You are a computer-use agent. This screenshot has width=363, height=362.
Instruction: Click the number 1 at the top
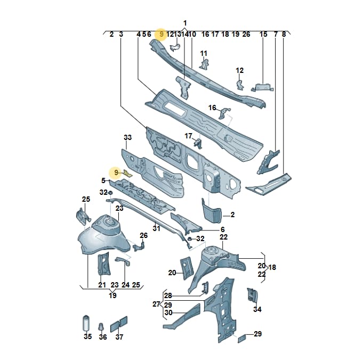(185, 23)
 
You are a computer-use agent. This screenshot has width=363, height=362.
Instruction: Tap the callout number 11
(204, 53)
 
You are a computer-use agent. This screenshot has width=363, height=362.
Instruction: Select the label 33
(127, 137)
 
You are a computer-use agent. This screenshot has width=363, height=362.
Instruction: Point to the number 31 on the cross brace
(157, 228)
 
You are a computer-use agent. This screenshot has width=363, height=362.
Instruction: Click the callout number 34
(257, 309)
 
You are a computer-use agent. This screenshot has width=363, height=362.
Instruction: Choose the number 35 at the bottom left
(88, 336)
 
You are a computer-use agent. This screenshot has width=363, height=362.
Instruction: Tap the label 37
(119, 337)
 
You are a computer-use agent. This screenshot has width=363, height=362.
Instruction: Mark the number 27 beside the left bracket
(156, 304)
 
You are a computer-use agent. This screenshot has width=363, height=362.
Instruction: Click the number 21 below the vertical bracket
(102, 285)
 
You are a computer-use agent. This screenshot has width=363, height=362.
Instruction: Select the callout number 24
(125, 285)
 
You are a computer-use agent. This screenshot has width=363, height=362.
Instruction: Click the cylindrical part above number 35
(86, 323)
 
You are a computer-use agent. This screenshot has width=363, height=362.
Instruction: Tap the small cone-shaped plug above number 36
(101, 327)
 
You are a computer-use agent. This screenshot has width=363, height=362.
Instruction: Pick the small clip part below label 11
(203, 63)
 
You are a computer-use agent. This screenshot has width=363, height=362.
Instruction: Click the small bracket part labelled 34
(252, 295)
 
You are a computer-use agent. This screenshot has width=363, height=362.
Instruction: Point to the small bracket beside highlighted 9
(127, 173)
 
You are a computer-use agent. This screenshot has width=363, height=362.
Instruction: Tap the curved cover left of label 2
(212, 211)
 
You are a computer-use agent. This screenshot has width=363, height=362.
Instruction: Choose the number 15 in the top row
(263, 35)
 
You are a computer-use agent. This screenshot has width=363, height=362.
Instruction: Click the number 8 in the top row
(284, 35)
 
